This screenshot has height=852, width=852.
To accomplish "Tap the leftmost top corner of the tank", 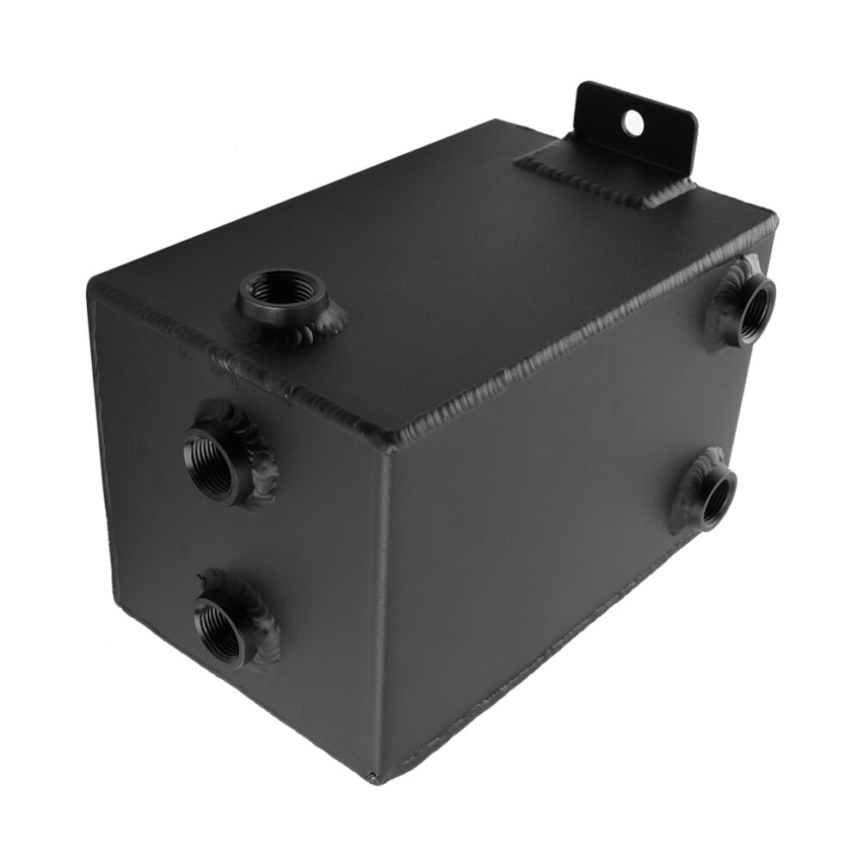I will [x=91, y=284].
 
